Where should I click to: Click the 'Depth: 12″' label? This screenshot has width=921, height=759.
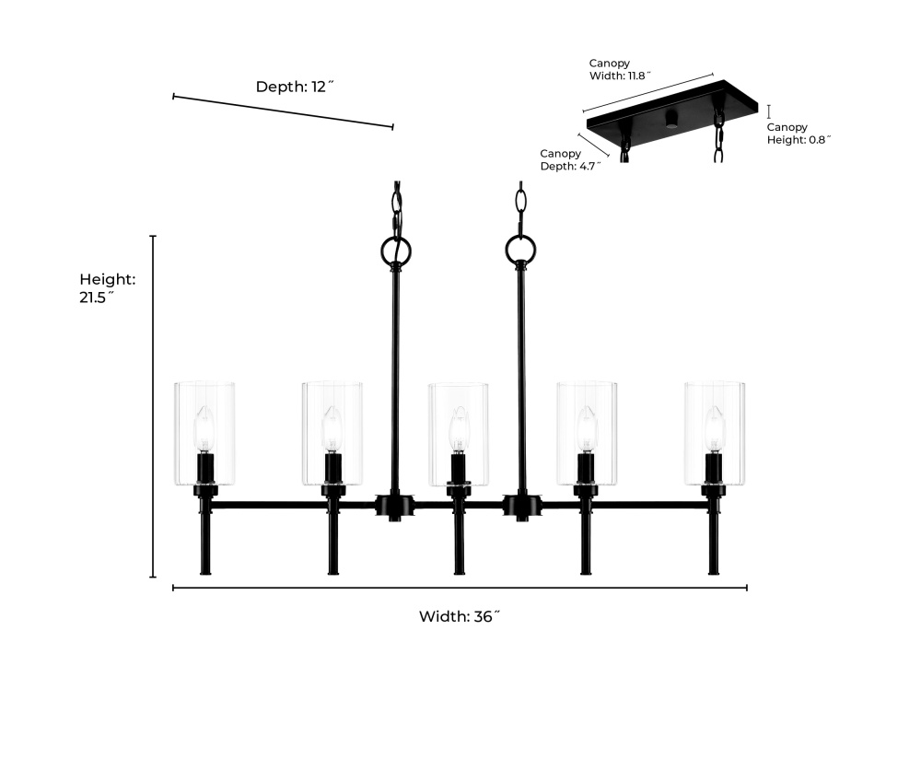[295, 87]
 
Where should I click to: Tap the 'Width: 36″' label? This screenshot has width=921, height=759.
[460, 616]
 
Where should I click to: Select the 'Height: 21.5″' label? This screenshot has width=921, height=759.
[108, 288]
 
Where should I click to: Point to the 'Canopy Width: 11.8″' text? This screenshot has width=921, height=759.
[620, 69]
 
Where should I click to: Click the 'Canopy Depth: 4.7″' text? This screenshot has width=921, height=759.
[570, 159]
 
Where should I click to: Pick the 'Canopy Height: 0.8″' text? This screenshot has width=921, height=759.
[799, 134]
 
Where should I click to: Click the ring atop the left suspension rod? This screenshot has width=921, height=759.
[396, 251]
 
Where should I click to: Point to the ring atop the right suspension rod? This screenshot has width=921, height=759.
[519, 250]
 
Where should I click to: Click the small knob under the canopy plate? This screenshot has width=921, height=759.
[670, 120]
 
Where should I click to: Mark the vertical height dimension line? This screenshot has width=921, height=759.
[153, 406]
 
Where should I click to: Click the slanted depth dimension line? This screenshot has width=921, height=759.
[283, 111]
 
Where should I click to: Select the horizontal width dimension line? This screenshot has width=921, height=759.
[460, 588]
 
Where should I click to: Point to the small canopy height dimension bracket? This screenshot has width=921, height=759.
[769, 111]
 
